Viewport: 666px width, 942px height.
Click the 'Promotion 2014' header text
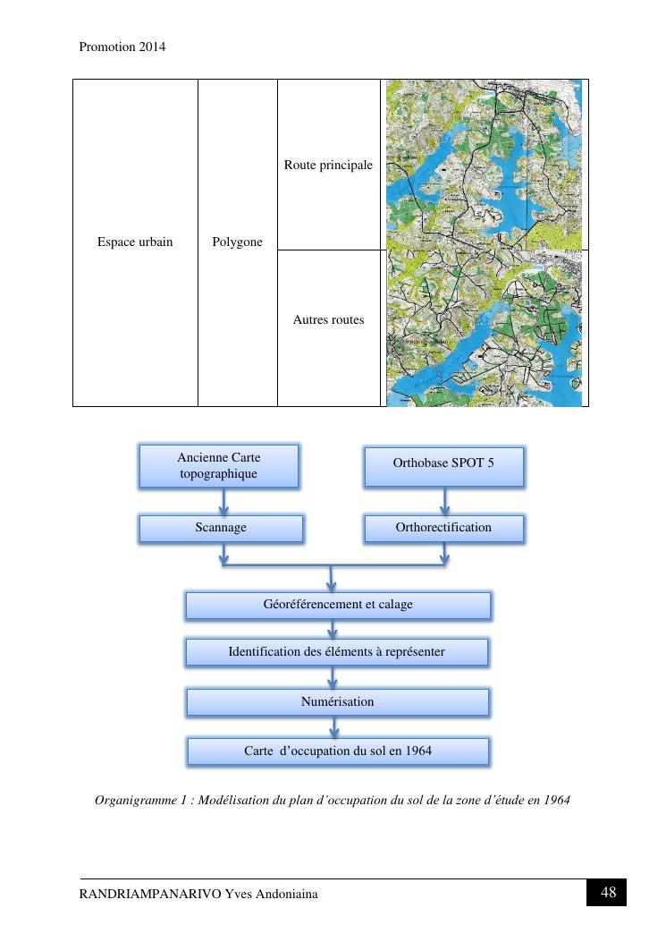(122, 47)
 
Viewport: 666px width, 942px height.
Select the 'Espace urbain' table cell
(135, 242)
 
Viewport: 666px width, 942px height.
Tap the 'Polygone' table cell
(238, 242)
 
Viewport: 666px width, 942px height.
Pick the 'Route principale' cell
(328, 165)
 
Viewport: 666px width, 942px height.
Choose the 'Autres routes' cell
(328, 319)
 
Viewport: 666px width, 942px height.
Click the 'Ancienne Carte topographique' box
(219, 466)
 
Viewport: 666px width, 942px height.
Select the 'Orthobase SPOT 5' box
(443, 463)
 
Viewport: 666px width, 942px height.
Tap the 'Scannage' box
(221, 528)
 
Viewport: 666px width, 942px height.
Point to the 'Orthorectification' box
(443, 528)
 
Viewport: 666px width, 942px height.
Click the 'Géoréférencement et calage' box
(338, 605)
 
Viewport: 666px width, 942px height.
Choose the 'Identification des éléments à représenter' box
(336, 652)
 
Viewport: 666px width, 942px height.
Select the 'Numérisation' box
(337, 702)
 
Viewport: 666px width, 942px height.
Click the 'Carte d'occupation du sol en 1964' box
(338, 751)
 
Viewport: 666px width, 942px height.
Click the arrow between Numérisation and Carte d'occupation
(334, 726)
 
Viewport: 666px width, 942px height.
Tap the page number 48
(608, 893)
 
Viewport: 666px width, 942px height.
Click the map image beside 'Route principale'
(484, 165)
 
